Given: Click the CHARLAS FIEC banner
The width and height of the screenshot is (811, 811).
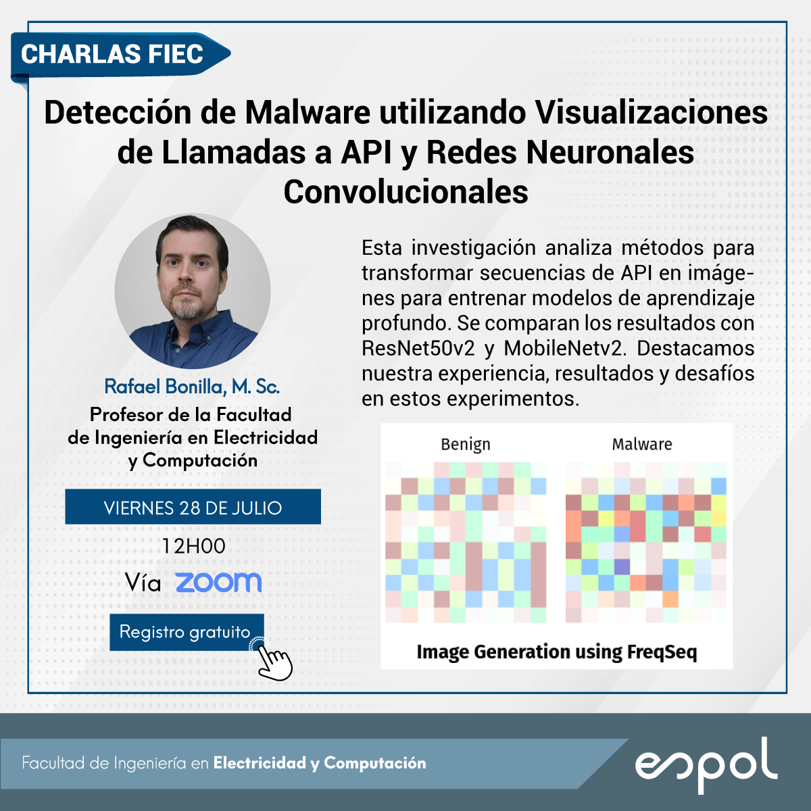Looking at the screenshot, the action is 120,55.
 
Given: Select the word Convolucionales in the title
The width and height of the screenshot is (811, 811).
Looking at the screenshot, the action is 405,192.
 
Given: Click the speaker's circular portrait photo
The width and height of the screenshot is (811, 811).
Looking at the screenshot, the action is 193,291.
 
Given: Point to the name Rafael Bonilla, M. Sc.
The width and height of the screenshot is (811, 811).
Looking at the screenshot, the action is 192,387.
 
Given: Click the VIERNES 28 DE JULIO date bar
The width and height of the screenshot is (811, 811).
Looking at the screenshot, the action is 193,507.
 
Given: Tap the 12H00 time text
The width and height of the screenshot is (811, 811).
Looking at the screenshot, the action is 193,546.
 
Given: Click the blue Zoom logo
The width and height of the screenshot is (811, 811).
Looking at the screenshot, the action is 218,583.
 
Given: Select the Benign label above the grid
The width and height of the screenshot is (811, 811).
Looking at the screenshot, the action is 466,445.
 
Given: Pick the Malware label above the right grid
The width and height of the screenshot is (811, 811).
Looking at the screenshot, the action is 642,445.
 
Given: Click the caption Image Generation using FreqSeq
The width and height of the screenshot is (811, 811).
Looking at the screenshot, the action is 557,652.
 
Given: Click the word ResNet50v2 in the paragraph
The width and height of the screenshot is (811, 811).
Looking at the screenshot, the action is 418,349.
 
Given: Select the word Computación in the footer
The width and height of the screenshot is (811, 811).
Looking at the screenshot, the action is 375,763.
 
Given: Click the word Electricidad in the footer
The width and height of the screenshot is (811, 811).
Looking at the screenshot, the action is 260,763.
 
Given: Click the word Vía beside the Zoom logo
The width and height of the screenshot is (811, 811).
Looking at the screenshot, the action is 143,583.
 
